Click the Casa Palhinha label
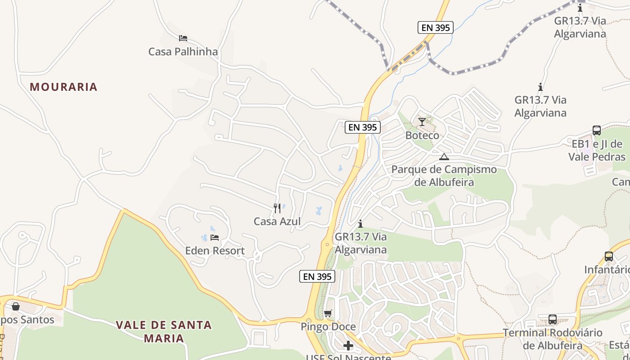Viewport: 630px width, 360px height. [183, 52]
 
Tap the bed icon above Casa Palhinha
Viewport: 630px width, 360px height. [183, 38]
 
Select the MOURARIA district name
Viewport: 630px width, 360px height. [63, 87]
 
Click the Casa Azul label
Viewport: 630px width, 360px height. [277, 221]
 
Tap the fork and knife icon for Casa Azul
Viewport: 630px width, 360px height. [277, 208]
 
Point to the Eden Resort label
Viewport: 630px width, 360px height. [215, 251]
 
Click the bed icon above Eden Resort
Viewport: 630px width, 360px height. [215, 238]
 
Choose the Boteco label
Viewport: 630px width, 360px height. [422, 135]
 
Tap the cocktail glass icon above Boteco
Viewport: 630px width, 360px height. [422, 122]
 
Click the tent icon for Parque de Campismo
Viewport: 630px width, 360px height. [444, 157]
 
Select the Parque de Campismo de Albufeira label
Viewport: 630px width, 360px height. [444, 176]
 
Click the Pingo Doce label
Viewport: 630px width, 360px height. [328, 327]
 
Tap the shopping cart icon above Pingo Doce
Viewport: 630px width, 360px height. [328, 313]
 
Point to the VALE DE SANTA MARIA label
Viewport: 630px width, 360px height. [164, 331]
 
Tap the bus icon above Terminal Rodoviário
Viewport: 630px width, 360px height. [553, 319]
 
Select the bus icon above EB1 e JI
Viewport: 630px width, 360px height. [597, 130]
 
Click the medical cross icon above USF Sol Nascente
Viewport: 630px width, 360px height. [348, 346]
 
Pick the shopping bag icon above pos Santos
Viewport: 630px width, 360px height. [16, 306]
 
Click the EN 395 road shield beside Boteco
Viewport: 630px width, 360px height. [363, 127]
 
